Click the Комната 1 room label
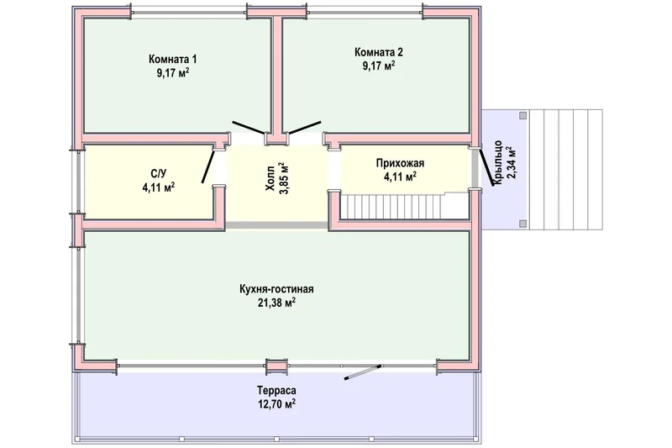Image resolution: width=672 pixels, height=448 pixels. [x=173, y=59]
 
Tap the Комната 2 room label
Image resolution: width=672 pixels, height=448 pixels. [x=379, y=52]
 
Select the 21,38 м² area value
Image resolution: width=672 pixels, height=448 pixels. [x=276, y=303]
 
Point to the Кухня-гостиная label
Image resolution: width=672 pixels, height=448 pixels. [x=276, y=289]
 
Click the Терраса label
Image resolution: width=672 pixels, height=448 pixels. [x=276, y=391]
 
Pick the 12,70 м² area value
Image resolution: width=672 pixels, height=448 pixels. [x=276, y=403]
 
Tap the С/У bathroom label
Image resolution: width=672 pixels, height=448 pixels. [x=158, y=174]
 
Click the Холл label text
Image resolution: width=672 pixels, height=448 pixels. [x=270, y=183]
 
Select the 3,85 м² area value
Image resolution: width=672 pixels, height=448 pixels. [x=283, y=178]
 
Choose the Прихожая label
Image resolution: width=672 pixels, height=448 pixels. [x=401, y=163]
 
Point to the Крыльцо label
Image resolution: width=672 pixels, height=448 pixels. [x=498, y=163]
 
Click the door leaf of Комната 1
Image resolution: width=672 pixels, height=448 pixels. [x=249, y=129]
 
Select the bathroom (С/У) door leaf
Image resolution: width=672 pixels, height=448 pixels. [x=208, y=166]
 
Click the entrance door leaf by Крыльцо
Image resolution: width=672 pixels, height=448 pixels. [x=486, y=167]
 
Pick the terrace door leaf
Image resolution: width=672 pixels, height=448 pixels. [x=363, y=372]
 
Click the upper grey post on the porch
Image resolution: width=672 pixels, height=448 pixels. [x=522, y=116]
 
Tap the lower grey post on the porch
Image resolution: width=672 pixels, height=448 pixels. [x=522, y=224]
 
